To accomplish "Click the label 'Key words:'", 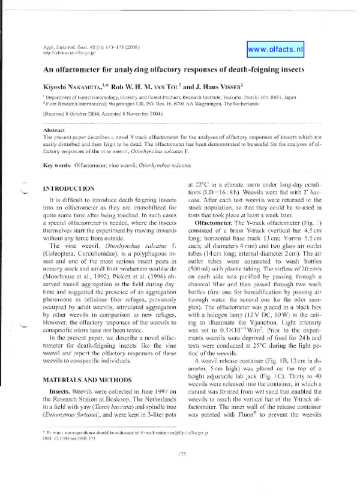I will pyautogui.click(x=58, y=163).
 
